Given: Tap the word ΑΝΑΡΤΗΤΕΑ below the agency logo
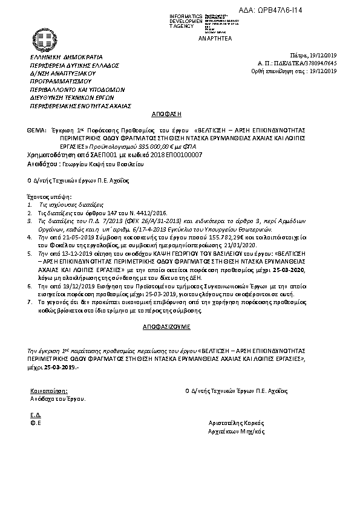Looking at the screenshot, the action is [210, 37].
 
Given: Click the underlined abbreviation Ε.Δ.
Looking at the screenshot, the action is [35, 416].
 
